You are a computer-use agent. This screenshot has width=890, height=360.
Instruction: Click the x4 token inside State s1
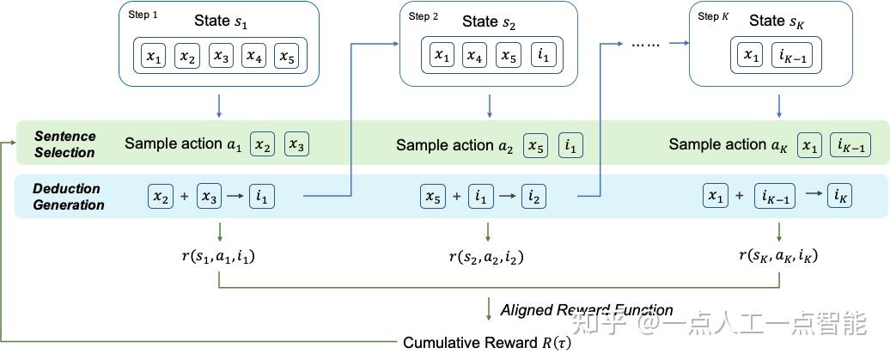[253, 57]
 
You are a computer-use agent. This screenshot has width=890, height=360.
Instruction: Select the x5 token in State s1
[286, 57]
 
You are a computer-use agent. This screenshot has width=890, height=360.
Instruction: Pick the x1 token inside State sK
[752, 57]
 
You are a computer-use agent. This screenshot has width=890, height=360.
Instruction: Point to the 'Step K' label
[709, 16]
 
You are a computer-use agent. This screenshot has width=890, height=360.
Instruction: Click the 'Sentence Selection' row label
[64, 144]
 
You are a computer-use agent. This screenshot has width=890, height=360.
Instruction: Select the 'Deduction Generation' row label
[68, 197]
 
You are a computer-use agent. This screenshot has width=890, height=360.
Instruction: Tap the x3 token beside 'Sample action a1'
[296, 144]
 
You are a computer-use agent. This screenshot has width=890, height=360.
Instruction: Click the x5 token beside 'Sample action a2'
[536, 145]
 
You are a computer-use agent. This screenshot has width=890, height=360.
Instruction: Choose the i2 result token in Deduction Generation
[533, 197]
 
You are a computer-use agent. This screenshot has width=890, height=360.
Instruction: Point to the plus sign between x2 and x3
[184, 197]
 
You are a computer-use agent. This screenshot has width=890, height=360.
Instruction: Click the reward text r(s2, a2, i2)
[486, 256]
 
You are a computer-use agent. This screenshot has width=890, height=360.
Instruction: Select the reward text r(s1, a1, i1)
[218, 256]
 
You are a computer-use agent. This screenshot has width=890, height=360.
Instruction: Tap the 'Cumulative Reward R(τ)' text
[486, 342]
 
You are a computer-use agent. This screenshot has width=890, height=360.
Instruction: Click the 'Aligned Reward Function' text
[587, 310]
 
